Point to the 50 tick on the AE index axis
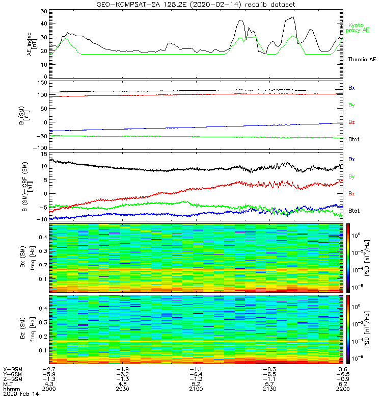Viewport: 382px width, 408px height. (x=44, y=11)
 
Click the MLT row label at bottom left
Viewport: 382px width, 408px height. (x=9, y=384)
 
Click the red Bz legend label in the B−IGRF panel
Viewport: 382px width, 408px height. (x=352, y=194)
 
